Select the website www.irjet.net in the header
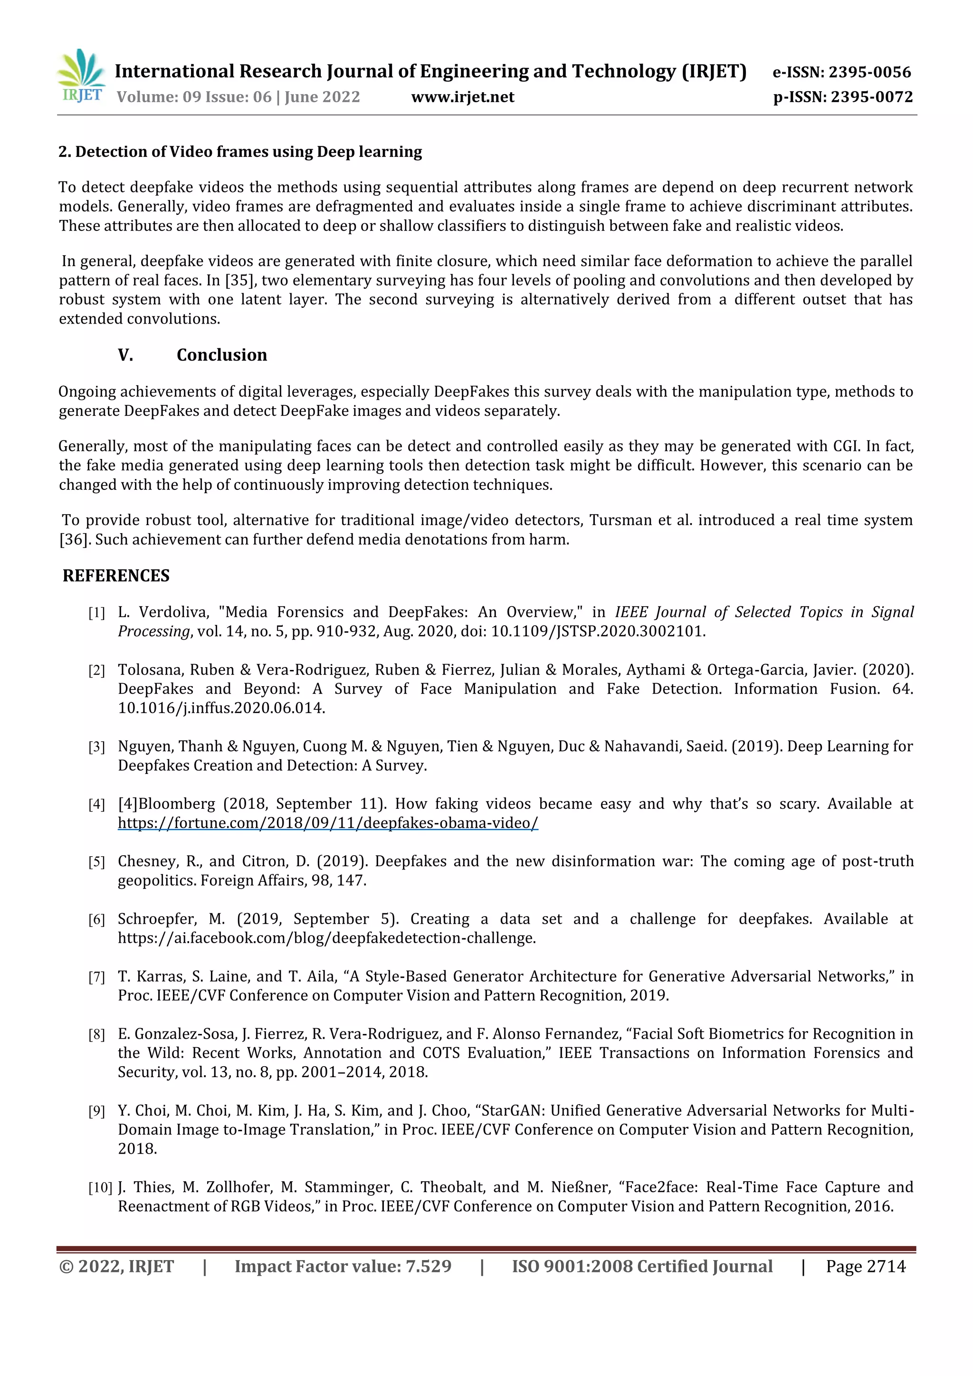(463, 97)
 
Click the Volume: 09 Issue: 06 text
(193, 97)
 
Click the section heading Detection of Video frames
(240, 152)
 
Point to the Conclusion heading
(222, 355)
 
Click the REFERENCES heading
(116, 576)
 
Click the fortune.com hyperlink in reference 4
(328, 823)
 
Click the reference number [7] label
(96, 977)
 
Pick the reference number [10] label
(100, 1187)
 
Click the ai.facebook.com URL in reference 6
(326, 938)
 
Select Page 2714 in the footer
(865, 1266)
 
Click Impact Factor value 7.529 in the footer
(343, 1266)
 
